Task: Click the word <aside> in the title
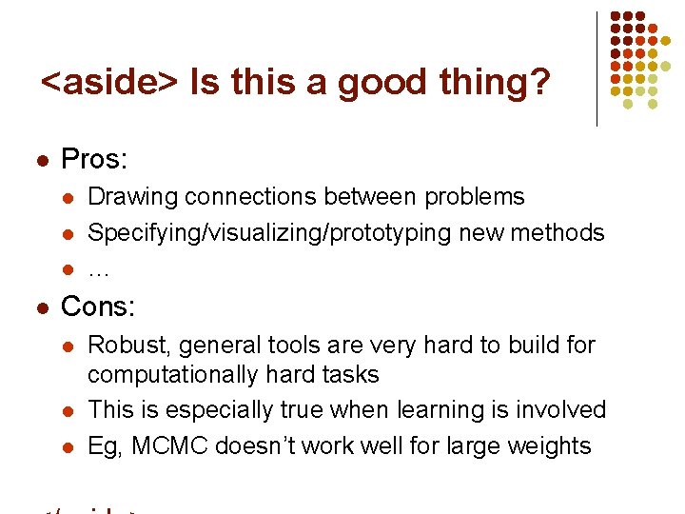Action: pos(109,84)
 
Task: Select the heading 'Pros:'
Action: pos(93,159)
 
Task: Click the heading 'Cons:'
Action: pos(98,306)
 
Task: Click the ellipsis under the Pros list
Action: pos(98,271)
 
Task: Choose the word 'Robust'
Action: pos(127,345)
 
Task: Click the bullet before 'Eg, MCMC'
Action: pos(67,446)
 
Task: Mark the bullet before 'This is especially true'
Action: pos(67,411)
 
